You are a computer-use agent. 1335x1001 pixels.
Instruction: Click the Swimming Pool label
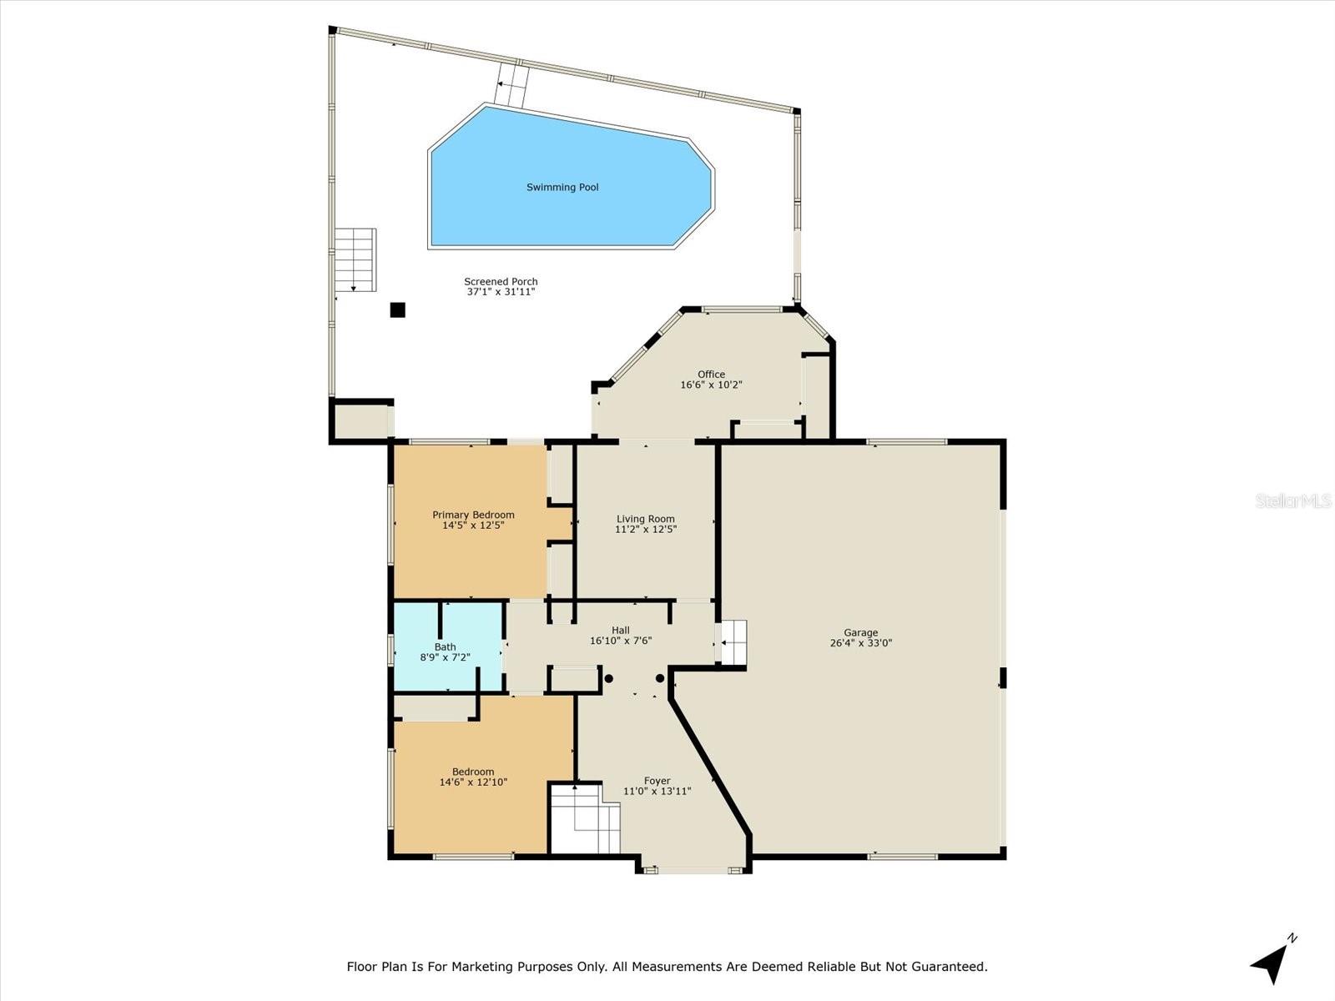[562, 188]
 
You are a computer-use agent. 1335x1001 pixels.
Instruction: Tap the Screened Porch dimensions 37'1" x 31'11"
[501, 292]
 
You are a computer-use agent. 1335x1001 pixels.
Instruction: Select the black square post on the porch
[398, 310]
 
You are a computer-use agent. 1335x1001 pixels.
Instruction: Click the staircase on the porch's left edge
[355, 259]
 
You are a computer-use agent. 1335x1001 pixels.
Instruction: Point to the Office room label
[711, 375]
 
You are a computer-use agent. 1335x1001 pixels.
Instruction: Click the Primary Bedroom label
[473, 515]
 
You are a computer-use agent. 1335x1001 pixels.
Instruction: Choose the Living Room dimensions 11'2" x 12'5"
[645, 530]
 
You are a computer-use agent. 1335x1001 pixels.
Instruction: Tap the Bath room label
[445, 647]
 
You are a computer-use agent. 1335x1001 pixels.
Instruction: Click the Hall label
[620, 631]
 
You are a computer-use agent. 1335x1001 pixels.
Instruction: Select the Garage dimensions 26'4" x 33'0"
[860, 644]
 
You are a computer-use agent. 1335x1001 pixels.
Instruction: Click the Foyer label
[657, 782]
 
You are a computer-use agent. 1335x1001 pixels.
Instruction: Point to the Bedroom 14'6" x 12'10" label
[473, 777]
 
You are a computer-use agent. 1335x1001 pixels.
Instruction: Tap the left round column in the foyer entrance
[608, 678]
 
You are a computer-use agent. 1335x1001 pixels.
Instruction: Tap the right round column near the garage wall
[660, 678]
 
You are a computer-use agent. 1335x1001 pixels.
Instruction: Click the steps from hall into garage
[733, 642]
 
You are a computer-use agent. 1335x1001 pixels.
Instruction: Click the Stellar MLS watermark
[1293, 501]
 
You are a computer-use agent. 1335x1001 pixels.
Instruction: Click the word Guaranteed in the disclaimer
[946, 967]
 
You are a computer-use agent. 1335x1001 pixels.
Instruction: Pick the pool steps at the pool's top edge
[511, 86]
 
